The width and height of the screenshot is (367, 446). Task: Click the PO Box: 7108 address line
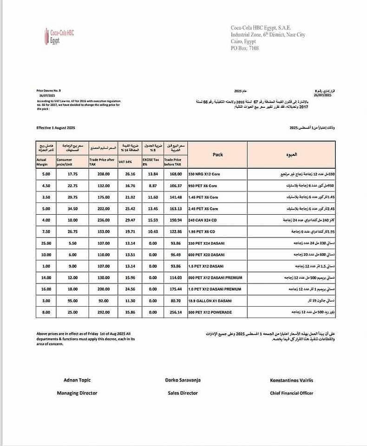click(x=244, y=48)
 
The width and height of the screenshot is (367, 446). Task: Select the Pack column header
click(x=218, y=155)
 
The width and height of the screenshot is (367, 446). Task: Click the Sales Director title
click(x=183, y=393)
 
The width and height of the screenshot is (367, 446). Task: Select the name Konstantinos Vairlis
click(x=291, y=380)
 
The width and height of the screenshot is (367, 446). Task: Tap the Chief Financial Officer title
click(x=291, y=393)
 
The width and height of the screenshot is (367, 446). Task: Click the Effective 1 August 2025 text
click(x=55, y=127)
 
